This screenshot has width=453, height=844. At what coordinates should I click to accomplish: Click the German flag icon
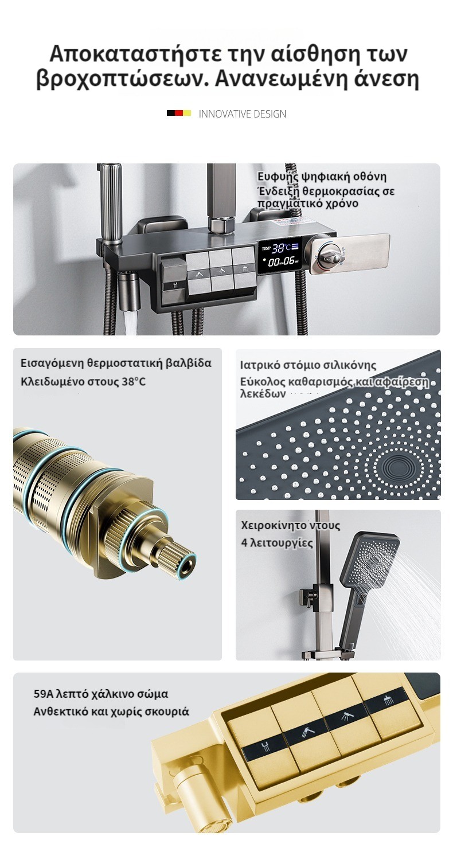[x=179, y=113]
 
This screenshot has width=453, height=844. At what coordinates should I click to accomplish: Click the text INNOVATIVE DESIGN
[x=243, y=114]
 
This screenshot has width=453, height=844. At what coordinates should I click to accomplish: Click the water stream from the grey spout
[x=130, y=321]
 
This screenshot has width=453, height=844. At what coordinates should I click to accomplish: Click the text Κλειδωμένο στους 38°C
[x=83, y=382]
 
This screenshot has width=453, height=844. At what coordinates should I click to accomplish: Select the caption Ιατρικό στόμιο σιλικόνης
[x=308, y=365]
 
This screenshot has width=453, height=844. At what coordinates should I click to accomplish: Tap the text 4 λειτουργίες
[x=277, y=543]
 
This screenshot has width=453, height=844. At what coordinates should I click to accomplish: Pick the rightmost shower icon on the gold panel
[x=388, y=701]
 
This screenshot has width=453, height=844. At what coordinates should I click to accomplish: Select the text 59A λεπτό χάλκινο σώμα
[x=100, y=694]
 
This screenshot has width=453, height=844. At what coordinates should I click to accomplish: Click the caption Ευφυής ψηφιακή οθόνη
[x=322, y=177]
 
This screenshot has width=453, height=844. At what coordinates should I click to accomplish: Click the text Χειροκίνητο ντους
[x=291, y=525]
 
